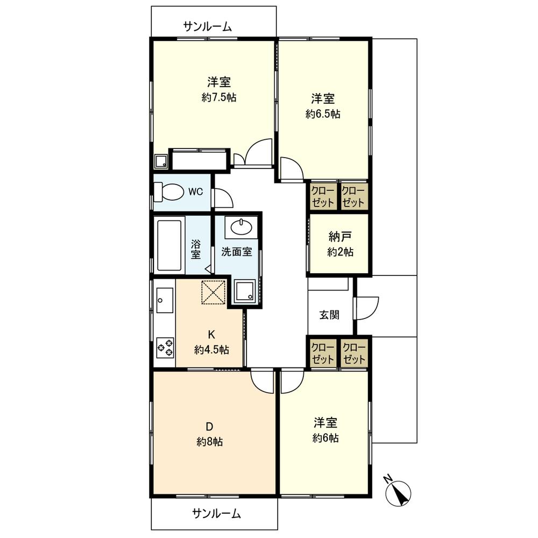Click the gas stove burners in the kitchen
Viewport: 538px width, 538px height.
click(165, 347)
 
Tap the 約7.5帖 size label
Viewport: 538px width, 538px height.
click(219, 98)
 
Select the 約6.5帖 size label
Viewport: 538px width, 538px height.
click(323, 114)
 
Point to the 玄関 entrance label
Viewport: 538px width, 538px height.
click(329, 315)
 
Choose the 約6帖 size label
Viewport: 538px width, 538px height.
click(325, 438)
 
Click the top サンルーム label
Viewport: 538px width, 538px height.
click(208, 26)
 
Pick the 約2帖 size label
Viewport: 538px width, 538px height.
click(340, 252)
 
